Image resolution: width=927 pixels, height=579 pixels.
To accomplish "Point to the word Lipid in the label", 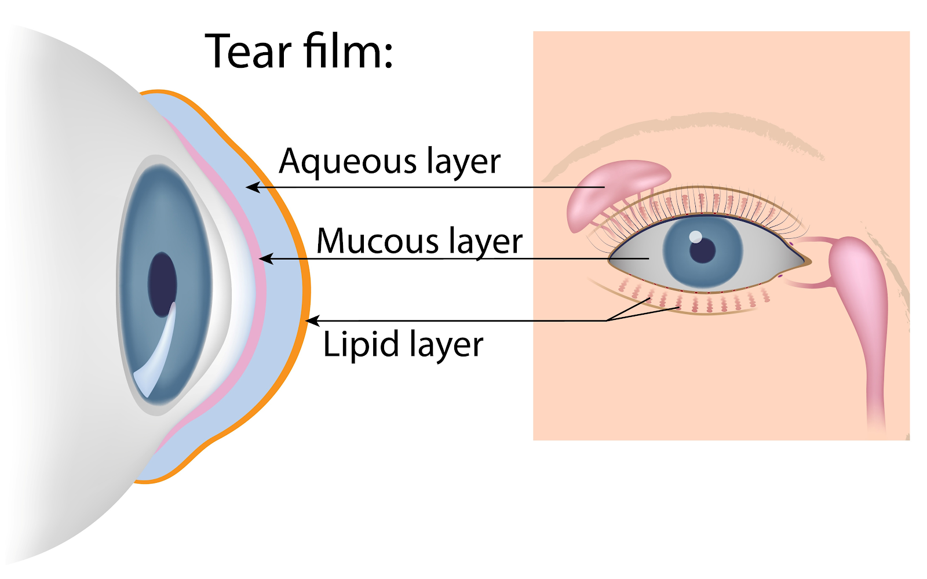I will click(x=360, y=344).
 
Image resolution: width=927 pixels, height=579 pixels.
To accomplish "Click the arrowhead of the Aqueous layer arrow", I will click(x=250, y=187).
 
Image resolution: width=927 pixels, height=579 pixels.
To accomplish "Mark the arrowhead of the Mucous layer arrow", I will click(x=264, y=258).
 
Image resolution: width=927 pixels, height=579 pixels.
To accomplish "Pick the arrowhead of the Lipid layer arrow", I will click(x=311, y=321).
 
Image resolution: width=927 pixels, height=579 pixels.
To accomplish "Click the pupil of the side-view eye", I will click(x=162, y=284).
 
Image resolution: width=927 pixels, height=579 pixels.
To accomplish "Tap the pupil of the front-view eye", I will click(x=703, y=250).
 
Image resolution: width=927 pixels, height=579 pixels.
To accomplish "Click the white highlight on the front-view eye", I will click(x=695, y=236).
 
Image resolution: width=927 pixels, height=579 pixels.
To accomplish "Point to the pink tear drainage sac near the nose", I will click(x=857, y=278).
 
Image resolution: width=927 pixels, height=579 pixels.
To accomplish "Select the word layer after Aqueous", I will click(x=463, y=162).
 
